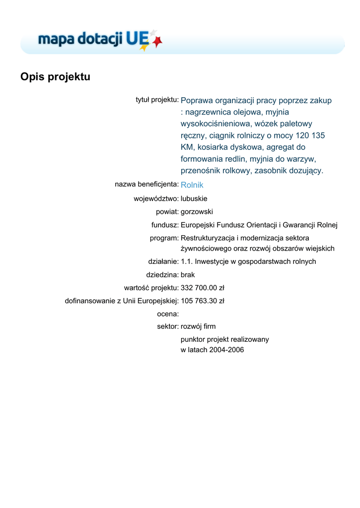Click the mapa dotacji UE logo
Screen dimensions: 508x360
coord(99,40)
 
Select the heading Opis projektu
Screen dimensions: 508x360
coord(55,77)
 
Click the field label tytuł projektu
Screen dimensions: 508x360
coord(157,100)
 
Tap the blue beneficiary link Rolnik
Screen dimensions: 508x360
coord(192,185)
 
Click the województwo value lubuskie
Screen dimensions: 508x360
coord(194,198)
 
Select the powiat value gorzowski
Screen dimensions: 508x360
coord(197,212)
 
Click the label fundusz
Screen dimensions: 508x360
coord(165,225)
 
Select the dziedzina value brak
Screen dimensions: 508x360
coord(188,274)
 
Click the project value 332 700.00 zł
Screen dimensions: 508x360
coord(203,288)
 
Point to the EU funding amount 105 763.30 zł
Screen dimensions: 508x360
coord(203,301)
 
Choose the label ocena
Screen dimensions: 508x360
coord(167,314)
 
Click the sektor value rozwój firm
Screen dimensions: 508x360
coord(198,326)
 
